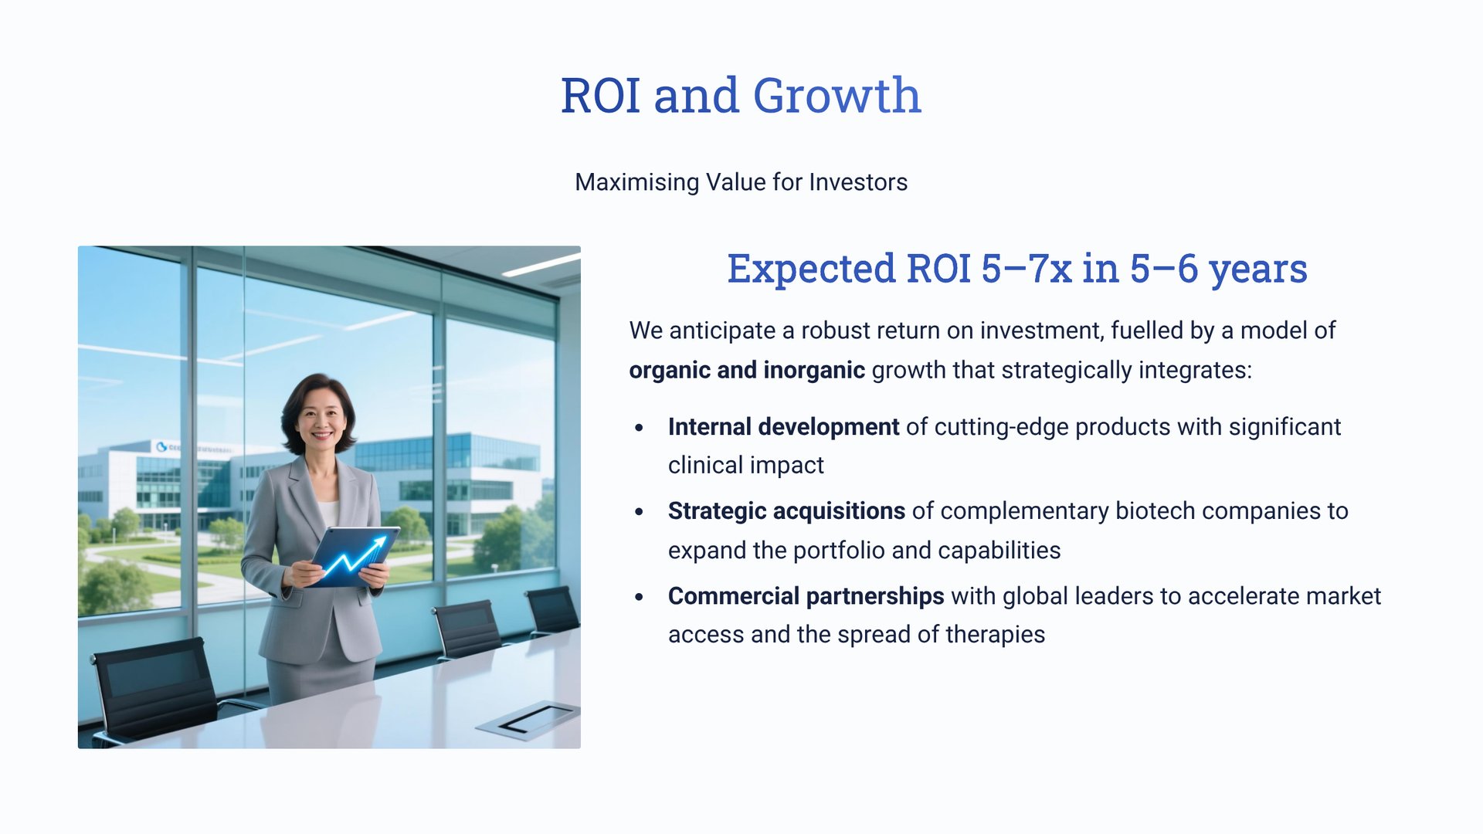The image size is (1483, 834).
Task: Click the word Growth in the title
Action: point(837,96)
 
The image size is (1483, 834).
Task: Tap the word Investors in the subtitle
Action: point(858,182)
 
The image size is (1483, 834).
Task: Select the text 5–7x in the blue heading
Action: point(1027,269)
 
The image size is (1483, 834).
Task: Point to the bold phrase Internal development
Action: point(783,426)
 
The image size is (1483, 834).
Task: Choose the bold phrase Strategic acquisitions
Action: point(786,511)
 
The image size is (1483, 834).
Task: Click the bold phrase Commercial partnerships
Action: point(806,596)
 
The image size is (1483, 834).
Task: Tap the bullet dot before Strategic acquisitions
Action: point(639,512)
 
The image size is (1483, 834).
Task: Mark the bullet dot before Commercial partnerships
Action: point(639,597)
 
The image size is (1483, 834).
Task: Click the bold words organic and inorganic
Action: point(747,371)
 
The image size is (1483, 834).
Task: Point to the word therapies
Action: point(995,635)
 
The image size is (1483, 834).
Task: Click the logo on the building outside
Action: point(161,446)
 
